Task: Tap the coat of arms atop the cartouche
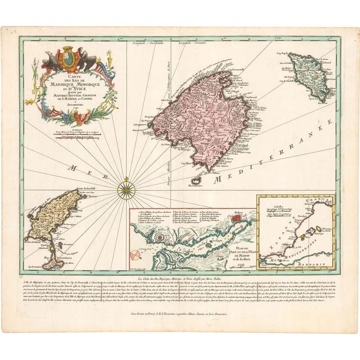pyautogui.click(x=70, y=58)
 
